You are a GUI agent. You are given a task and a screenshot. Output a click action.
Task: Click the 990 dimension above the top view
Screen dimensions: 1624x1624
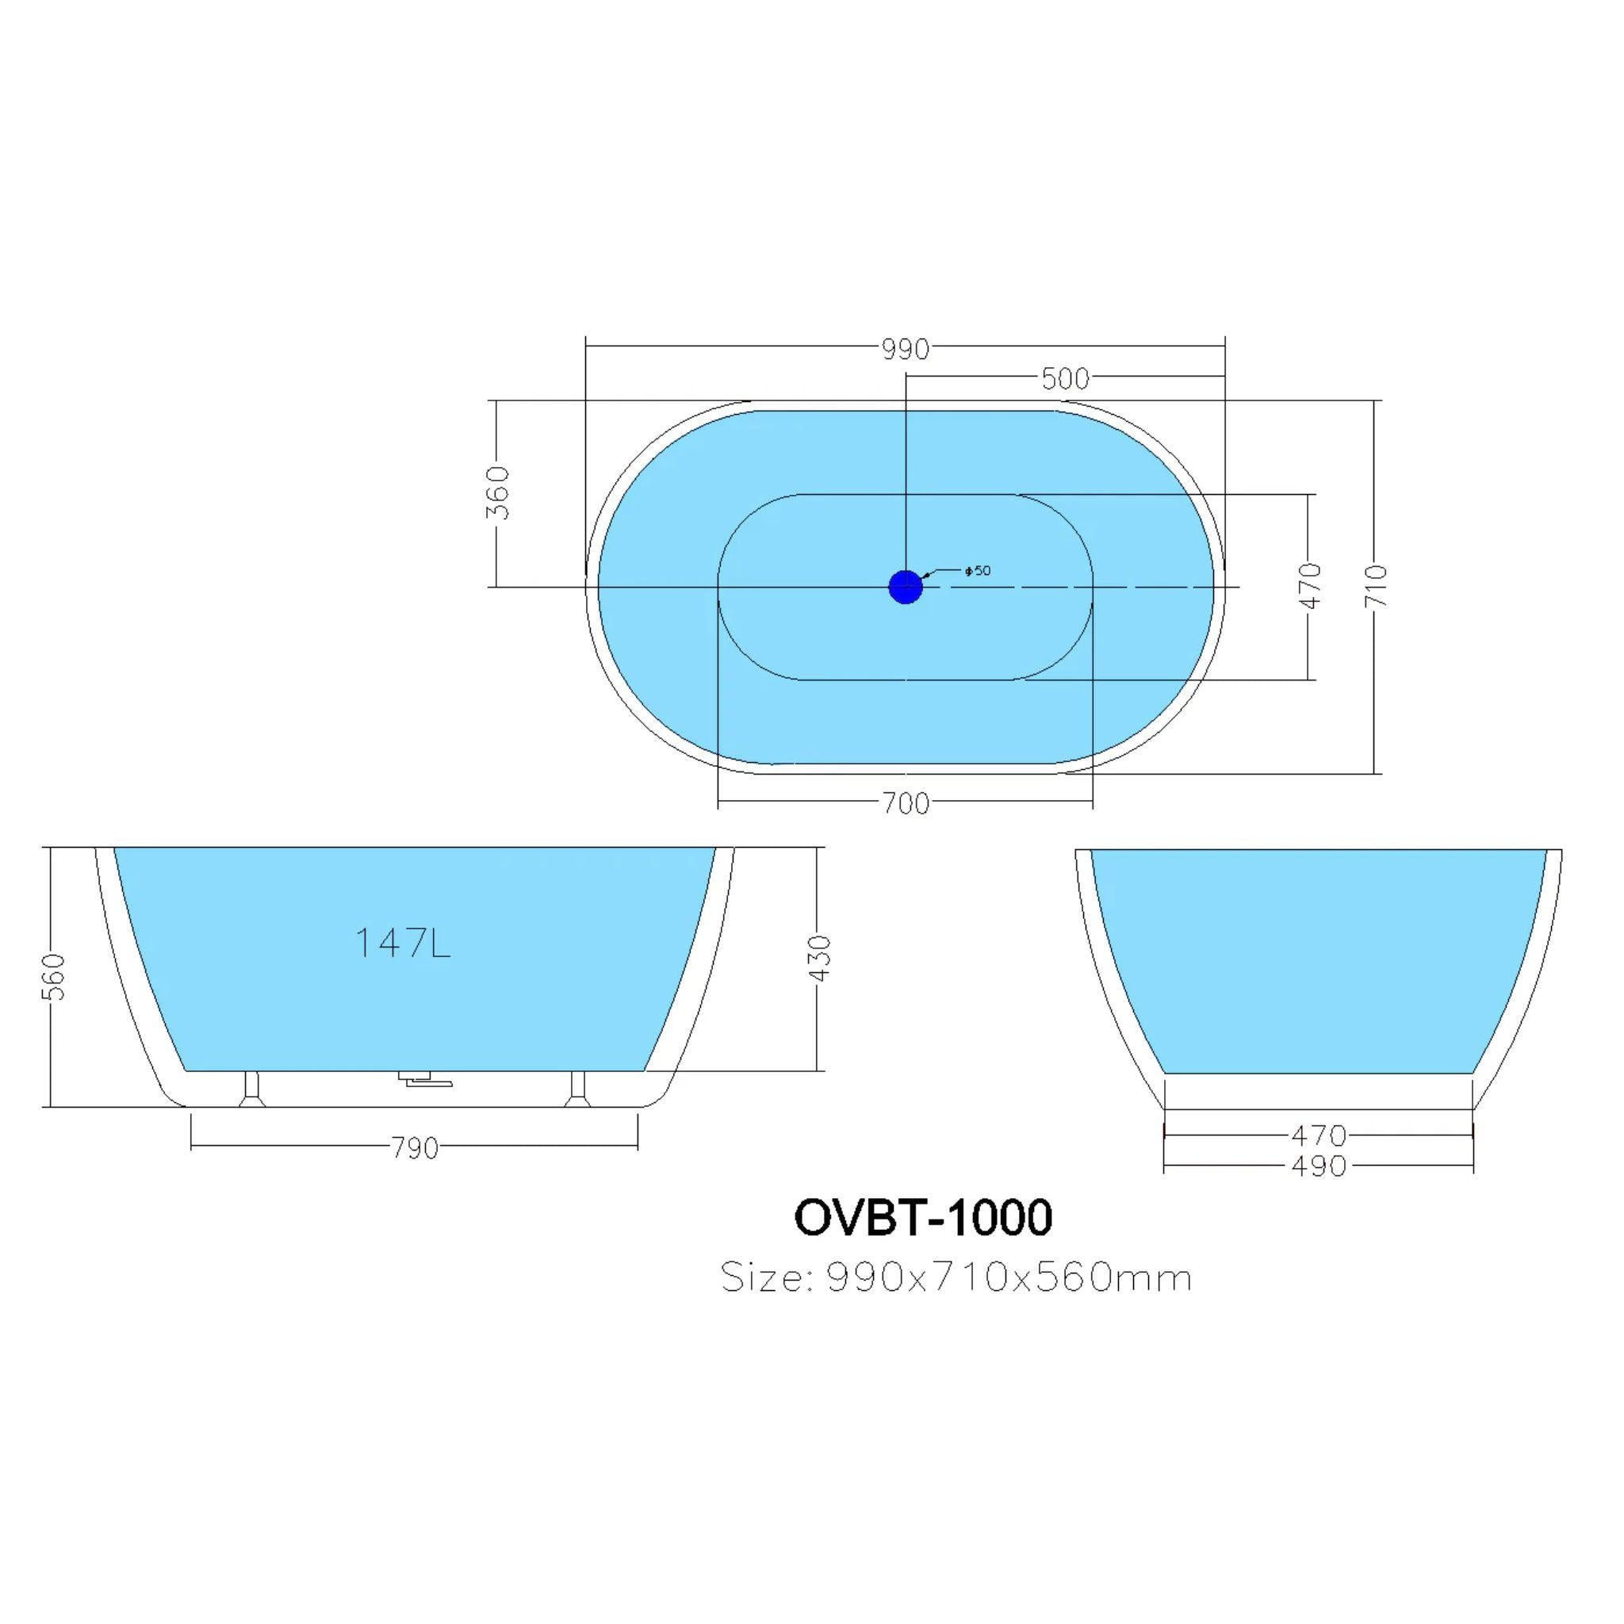906,349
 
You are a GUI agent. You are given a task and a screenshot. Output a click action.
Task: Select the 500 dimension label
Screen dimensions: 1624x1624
1065,379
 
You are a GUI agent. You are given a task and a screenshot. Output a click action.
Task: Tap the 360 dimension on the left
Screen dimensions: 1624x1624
500,493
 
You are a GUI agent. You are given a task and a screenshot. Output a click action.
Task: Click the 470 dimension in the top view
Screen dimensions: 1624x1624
1311,586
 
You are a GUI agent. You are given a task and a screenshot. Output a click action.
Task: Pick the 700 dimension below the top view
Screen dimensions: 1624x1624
906,803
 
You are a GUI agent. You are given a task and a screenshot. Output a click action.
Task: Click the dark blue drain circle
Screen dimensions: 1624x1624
906,586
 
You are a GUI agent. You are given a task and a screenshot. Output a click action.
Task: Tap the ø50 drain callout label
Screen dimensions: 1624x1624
978,571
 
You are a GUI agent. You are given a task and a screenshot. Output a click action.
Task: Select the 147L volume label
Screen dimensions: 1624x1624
403,943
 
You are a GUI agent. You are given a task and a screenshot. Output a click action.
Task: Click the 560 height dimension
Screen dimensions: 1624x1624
53,977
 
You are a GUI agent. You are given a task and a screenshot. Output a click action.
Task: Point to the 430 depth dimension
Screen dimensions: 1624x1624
818,957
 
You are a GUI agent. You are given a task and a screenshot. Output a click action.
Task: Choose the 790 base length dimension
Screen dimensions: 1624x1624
416,1147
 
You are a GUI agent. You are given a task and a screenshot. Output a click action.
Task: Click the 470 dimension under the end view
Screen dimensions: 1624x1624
1318,1135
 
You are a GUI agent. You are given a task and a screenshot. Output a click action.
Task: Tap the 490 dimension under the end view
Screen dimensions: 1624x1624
1318,1166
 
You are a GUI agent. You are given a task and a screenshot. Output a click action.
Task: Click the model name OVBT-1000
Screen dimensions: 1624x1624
922,1218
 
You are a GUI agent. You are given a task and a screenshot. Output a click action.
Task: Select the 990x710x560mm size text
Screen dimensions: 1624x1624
1009,1278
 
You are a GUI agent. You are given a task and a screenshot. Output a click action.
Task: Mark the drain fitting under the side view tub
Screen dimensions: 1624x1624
424,1078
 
